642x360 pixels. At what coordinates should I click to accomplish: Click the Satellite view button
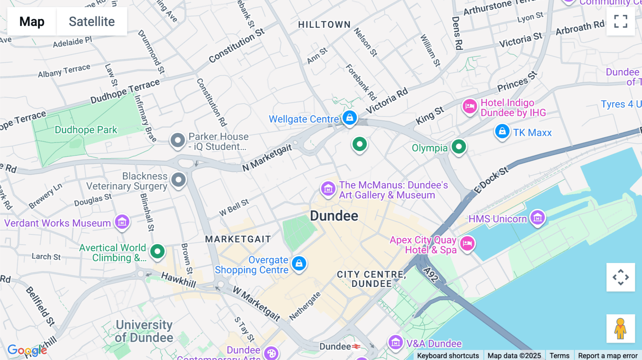(92, 21)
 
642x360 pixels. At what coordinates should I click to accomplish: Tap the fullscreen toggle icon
(621, 21)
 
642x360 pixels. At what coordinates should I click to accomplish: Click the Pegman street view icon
(621, 328)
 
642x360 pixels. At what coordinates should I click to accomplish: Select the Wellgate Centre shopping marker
(350, 117)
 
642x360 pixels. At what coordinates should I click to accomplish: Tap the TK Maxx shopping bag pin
(502, 132)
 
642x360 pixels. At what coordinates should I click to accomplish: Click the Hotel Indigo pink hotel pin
(470, 106)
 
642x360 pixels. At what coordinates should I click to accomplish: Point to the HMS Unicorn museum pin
(537, 217)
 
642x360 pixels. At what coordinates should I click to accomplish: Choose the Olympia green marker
(459, 146)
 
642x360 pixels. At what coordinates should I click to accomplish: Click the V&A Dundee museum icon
(395, 343)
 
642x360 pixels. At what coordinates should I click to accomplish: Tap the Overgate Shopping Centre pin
(299, 264)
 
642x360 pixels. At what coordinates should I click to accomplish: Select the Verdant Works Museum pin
(122, 222)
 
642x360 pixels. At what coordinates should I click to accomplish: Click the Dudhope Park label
(86, 130)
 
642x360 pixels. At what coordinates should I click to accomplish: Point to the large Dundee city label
(334, 216)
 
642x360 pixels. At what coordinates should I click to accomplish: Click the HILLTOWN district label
(324, 25)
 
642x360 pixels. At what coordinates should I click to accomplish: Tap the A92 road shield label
(431, 275)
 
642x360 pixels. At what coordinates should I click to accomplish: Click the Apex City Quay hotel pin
(467, 244)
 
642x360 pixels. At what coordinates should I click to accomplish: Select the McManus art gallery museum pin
(328, 189)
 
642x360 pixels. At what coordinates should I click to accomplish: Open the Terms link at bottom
(559, 355)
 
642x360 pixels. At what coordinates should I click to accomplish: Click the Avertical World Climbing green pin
(157, 251)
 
